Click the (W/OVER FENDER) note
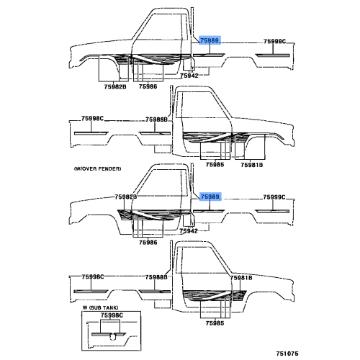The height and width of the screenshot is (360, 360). point(97,168)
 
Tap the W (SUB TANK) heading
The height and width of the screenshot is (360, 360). point(100,307)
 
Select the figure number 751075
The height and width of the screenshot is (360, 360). point(287,354)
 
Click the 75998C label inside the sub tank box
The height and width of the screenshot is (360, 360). point(112,315)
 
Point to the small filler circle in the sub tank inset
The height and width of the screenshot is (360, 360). point(112,337)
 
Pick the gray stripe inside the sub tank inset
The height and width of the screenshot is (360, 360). point(109,334)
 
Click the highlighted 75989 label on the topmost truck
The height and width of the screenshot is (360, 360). point(210,40)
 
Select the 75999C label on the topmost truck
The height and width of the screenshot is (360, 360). point(274,42)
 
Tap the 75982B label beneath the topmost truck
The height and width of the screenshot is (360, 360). point(115,86)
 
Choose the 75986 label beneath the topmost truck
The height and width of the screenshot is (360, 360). point(148,86)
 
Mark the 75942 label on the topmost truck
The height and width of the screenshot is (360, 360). point(189,76)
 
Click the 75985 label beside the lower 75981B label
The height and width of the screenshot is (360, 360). point(215,165)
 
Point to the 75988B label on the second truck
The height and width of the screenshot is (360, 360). point(156,120)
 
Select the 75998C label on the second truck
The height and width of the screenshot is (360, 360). point(92,118)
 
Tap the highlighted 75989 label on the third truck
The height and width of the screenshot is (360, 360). point(210,197)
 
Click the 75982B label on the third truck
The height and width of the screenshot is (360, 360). point(126,197)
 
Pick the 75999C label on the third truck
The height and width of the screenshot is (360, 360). point(274,197)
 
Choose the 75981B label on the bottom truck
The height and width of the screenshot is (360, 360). point(241,278)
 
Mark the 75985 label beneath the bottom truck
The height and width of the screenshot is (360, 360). point(215,323)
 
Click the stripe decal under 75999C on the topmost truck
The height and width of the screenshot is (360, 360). point(273,55)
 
